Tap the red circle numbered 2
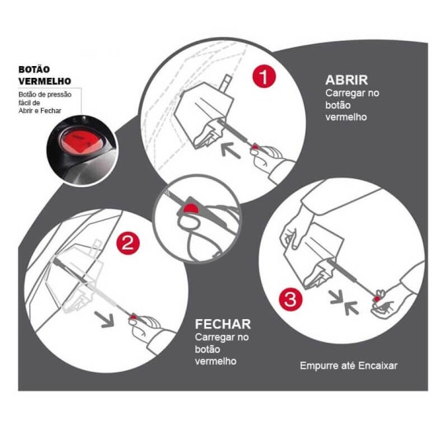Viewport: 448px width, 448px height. click(x=128, y=243)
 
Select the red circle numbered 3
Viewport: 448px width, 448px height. click(x=291, y=299)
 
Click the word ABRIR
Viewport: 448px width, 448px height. click(x=346, y=80)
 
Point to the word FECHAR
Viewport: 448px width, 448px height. click(x=223, y=324)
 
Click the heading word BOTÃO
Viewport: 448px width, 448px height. click(x=35, y=70)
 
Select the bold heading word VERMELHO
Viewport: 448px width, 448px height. click(x=45, y=81)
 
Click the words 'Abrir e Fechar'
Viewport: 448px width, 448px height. click(x=40, y=111)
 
